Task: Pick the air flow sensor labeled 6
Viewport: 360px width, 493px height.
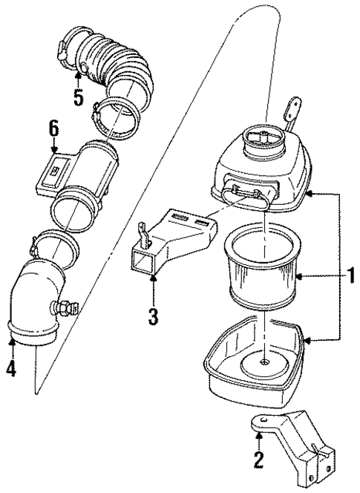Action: [x=82, y=178]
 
